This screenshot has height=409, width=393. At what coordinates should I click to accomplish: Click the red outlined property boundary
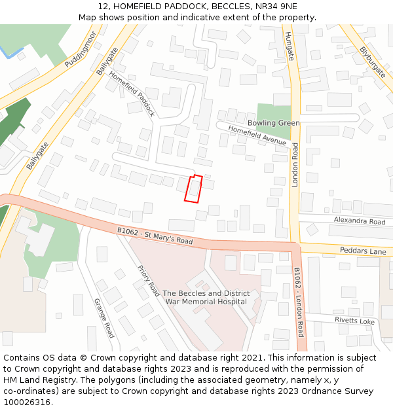[193, 189]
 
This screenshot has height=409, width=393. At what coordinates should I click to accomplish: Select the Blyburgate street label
[373, 62]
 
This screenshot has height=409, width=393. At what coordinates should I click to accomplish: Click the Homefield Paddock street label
[132, 94]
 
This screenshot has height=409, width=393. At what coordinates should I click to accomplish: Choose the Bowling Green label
[274, 123]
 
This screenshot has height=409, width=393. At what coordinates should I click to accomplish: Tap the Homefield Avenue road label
[257, 136]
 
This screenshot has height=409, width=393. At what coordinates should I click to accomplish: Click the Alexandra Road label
[360, 222]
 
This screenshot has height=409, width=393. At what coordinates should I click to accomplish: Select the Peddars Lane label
[362, 251]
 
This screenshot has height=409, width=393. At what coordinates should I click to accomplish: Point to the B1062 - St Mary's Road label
[155, 236]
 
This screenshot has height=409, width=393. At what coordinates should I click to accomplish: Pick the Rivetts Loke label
[354, 321]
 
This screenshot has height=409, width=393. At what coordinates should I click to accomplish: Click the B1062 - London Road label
[298, 301]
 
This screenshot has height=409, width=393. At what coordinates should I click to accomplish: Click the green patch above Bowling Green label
[273, 111]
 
